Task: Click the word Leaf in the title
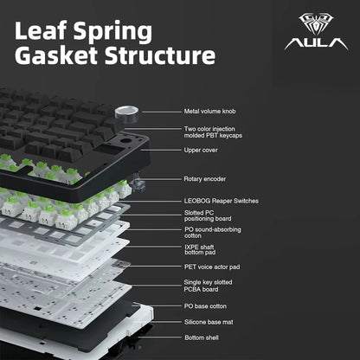tap(41, 30)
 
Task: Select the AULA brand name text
tap(316, 43)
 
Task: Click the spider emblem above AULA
tap(316, 24)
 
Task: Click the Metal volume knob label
tap(209, 112)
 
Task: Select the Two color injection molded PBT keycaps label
tap(213, 132)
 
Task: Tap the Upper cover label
tap(201, 150)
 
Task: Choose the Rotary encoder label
tap(205, 179)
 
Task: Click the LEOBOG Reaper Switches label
tap(222, 201)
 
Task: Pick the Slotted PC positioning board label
tap(208, 215)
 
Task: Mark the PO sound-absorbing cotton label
tap(213, 233)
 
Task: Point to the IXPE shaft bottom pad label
tap(200, 249)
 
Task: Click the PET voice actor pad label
tap(212, 267)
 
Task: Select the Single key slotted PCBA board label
tap(208, 286)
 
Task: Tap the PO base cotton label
tap(205, 306)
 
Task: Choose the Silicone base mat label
tap(209, 322)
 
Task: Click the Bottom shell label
tap(202, 337)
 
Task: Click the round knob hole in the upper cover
tap(125, 142)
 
